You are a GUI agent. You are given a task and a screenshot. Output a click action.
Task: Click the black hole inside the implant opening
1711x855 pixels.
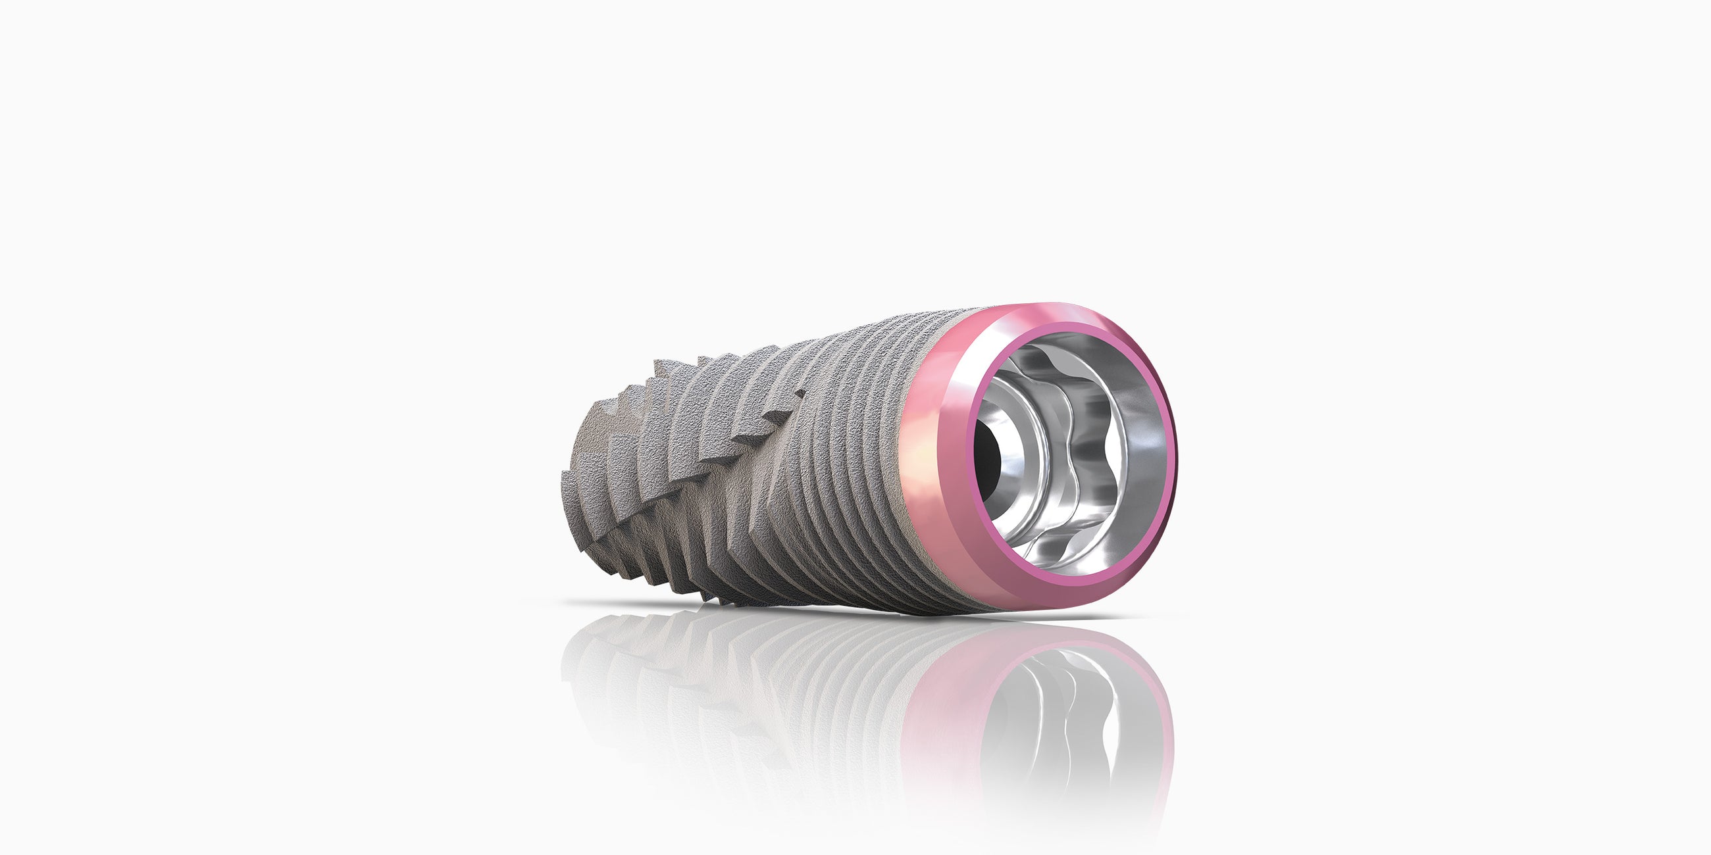pyautogui.click(x=988, y=458)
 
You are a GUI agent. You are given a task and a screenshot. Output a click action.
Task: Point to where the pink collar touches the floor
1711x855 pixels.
pyautogui.click(x=1036, y=611)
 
